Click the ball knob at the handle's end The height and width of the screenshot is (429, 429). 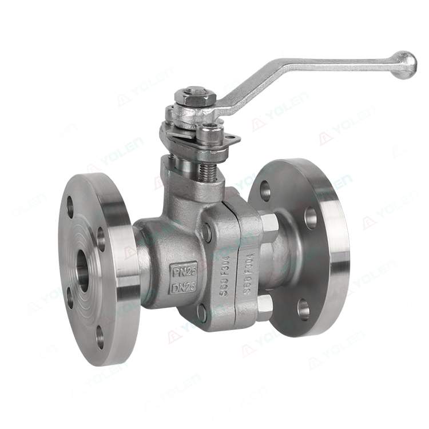click(405, 65)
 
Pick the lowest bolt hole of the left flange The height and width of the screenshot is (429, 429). click(97, 336)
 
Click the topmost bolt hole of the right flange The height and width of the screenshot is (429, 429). click(265, 190)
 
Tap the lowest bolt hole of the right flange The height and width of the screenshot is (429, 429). click(303, 309)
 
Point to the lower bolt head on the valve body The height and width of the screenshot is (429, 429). click(202, 312)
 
